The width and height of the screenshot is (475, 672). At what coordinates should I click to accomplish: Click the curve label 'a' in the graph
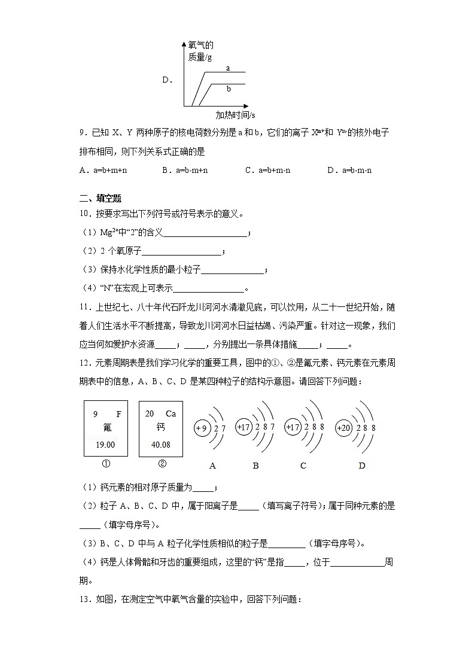pos(228,68)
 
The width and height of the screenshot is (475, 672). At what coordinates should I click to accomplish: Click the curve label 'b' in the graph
pos(229,89)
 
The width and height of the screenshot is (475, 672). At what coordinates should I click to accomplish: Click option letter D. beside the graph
pos(167,80)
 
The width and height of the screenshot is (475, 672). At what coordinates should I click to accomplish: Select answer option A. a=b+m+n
pos(103,170)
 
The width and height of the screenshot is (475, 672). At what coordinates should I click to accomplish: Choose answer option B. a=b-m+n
pos(185,170)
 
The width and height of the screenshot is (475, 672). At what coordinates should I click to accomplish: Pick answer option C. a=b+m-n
pos(267,170)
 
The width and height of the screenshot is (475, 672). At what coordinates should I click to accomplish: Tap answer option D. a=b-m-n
pos(349,170)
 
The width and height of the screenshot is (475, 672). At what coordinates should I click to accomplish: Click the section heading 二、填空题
pos(101,199)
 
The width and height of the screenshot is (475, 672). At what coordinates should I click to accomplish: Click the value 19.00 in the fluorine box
pos(104,445)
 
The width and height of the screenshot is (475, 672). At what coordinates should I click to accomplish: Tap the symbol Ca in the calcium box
pos(170,413)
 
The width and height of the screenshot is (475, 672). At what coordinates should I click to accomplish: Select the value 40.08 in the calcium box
pos(160,445)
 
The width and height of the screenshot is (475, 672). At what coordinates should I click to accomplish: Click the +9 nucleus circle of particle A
pos(201,428)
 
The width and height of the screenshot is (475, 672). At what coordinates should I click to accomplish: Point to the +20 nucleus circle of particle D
pos(344,428)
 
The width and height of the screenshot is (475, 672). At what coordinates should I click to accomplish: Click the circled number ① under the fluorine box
pos(106,464)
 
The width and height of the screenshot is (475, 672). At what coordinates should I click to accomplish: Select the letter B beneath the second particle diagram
pos(255,466)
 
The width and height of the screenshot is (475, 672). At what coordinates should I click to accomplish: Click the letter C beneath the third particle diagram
pos(303,466)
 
